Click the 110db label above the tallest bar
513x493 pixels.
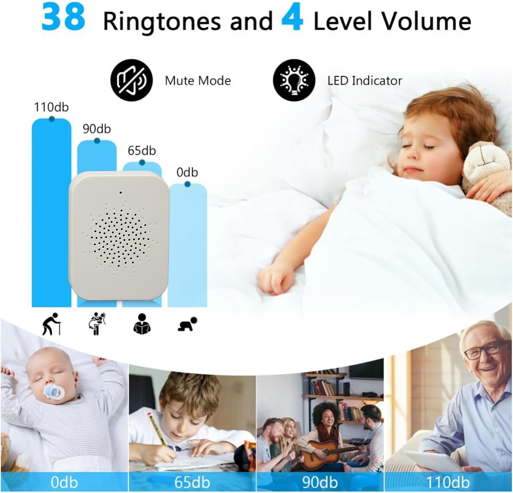click(51, 107)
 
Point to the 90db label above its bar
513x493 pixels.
click(97, 129)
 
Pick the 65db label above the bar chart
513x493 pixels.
click(142, 151)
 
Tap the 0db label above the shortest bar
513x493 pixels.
click(187, 172)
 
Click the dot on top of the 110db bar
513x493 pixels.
click(52, 119)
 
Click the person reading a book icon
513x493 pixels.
click(142, 324)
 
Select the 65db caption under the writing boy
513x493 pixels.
click(192, 482)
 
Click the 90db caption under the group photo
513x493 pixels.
click(320, 482)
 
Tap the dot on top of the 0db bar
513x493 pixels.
click(187, 184)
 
